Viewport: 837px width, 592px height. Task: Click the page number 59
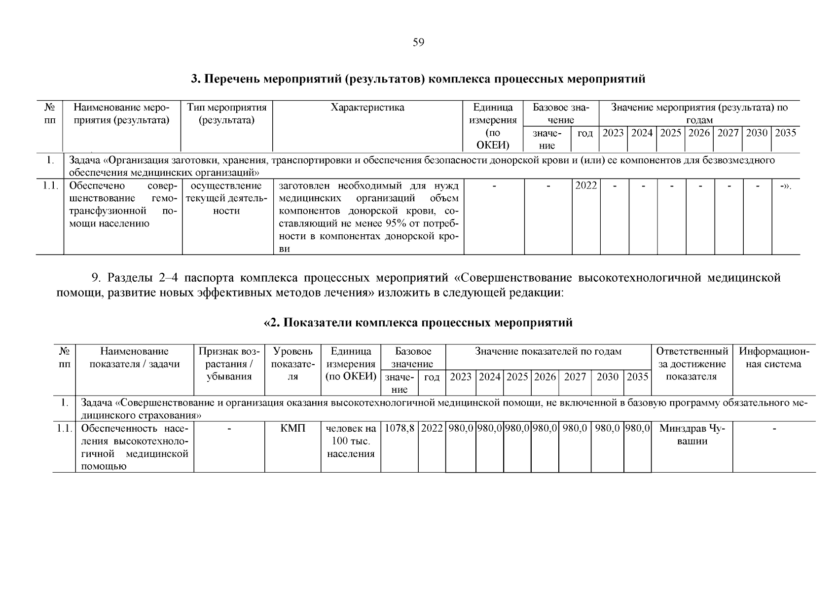(x=418, y=42)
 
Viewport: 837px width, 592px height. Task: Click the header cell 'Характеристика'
(x=367, y=108)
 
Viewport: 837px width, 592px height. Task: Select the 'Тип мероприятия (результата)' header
(x=226, y=114)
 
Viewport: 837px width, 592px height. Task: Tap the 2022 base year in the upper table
(x=586, y=186)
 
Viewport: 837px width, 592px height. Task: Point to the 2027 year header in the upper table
(x=728, y=133)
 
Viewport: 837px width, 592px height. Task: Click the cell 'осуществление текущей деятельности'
(x=226, y=198)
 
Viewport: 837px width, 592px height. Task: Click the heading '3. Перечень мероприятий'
(x=418, y=79)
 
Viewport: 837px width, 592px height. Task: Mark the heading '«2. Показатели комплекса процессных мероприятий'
(x=418, y=323)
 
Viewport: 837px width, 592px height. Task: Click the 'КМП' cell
(x=292, y=429)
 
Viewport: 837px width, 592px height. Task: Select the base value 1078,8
(x=399, y=429)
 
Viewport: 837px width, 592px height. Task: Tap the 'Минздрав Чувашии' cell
(x=692, y=435)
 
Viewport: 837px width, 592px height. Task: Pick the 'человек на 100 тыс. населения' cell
(x=351, y=441)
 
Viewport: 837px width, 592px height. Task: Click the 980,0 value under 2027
(x=575, y=429)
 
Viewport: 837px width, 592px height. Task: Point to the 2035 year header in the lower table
(x=637, y=377)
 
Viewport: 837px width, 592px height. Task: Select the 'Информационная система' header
(x=774, y=358)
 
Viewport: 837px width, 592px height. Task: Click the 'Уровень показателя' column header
(x=292, y=364)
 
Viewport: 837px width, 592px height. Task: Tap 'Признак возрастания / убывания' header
(x=229, y=364)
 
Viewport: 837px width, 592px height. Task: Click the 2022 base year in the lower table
(x=432, y=429)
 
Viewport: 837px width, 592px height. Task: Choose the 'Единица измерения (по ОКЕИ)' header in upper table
(x=493, y=126)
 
